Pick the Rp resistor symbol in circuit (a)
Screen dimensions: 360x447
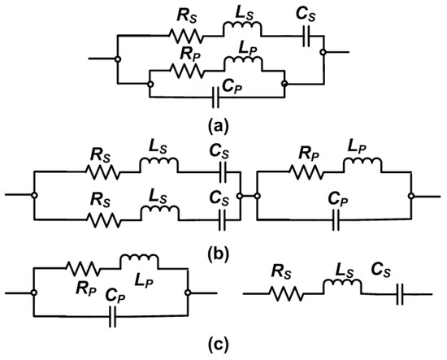click(x=188, y=70)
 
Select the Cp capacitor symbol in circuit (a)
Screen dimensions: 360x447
click(x=217, y=98)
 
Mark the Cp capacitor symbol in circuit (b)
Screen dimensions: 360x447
click(x=334, y=218)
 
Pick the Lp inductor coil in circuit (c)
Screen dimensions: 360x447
click(x=139, y=262)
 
